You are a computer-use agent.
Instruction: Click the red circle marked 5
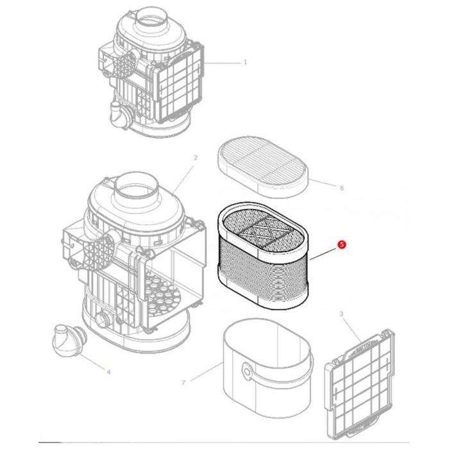342,244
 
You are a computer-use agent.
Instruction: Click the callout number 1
245,62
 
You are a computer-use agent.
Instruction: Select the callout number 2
196,158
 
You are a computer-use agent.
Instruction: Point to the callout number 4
108,372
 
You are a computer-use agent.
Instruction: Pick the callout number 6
341,189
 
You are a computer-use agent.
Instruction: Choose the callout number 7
183,383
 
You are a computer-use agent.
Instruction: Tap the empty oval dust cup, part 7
266,369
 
